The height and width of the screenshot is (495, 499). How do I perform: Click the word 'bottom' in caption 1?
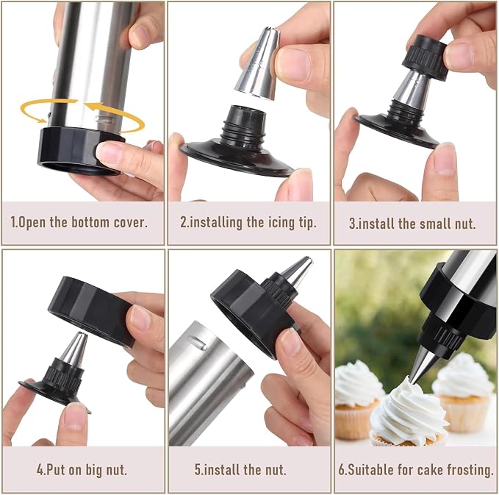coord(90,222)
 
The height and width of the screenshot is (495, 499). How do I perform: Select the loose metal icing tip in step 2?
coord(259,63)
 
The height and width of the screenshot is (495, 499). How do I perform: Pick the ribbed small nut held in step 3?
coord(426,57)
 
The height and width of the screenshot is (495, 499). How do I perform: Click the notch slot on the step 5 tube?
coord(198,343)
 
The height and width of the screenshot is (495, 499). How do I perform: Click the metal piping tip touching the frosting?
coord(425,364)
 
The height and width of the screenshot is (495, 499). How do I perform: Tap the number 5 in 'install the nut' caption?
coord(198,470)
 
